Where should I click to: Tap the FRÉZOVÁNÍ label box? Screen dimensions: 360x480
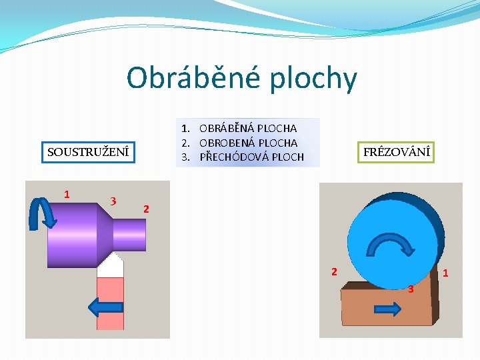tap(397, 152)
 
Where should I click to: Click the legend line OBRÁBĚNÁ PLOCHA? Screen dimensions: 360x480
tap(248, 128)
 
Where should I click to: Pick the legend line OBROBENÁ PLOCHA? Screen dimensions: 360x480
tap(248, 143)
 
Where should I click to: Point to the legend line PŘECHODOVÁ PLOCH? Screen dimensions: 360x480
tap(251, 157)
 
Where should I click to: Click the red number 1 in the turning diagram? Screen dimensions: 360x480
tap(67, 194)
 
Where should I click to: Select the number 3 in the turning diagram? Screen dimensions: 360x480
tap(114, 201)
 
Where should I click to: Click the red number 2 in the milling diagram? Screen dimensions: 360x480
tap(335, 271)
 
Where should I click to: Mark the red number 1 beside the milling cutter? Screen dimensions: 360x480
tap(445, 273)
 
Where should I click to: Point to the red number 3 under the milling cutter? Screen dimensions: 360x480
tap(411, 289)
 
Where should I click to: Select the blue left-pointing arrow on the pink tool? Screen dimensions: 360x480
tap(105, 307)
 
